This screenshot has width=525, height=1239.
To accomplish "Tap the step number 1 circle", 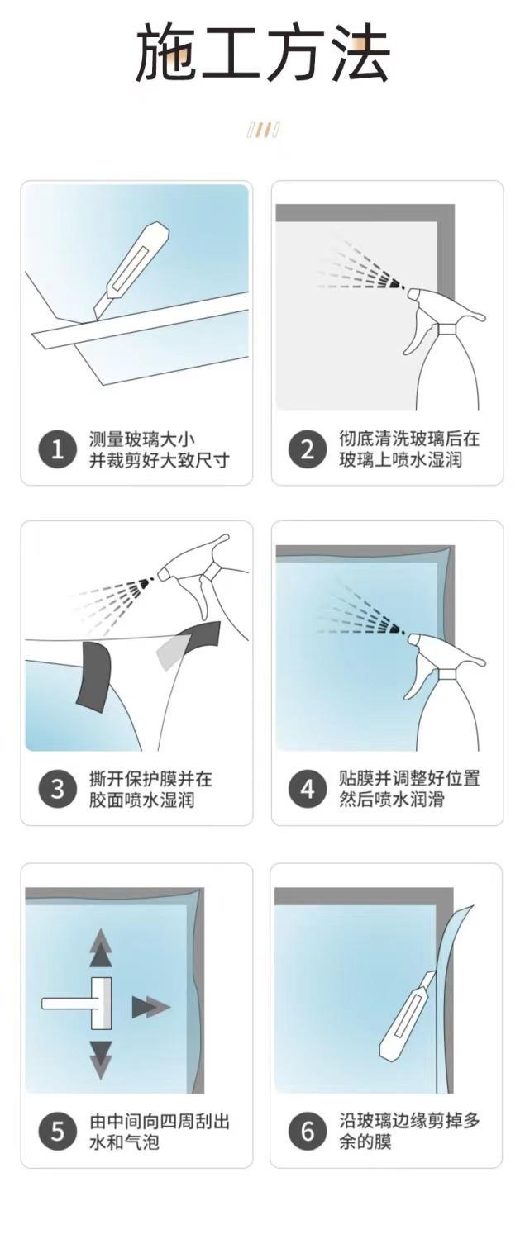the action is pyautogui.click(x=57, y=449).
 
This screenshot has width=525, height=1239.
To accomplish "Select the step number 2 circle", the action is pyautogui.click(x=308, y=449).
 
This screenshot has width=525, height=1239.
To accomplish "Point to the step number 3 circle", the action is pyautogui.click(x=57, y=789).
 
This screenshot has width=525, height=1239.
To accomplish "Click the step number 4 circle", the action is pyautogui.click(x=308, y=789).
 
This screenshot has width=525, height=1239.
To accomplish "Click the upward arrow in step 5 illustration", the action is pyautogui.click(x=101, y=949).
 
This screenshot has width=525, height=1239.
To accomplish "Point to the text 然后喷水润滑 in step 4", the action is pyautogui.click(x=392, y=799).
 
